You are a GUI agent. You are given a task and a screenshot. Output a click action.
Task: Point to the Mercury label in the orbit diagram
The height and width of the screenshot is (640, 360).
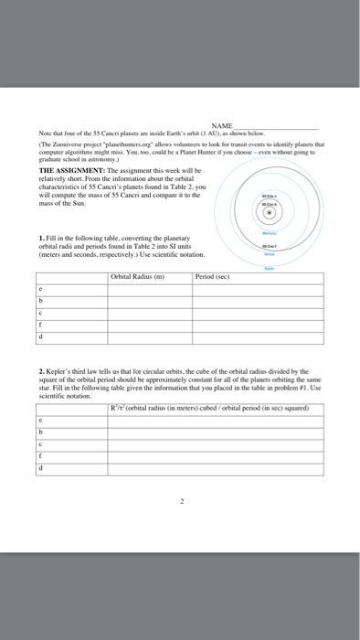(269, 233)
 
